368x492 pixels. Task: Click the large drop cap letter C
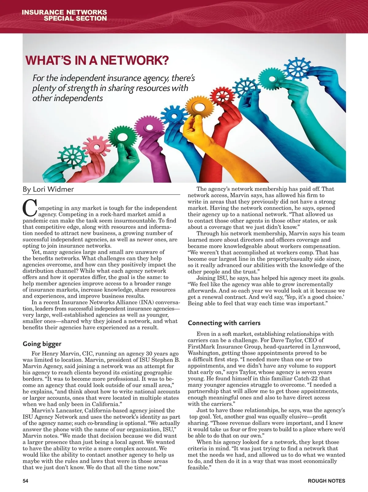[x=29, y=208]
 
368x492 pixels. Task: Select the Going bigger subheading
[x=42, y=344]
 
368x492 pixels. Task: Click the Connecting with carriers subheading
[x=224, y=323]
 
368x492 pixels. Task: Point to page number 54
[x=25, y=481]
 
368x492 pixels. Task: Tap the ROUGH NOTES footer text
[x=326, y=481]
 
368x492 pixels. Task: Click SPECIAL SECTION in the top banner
[x=75, y=18]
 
